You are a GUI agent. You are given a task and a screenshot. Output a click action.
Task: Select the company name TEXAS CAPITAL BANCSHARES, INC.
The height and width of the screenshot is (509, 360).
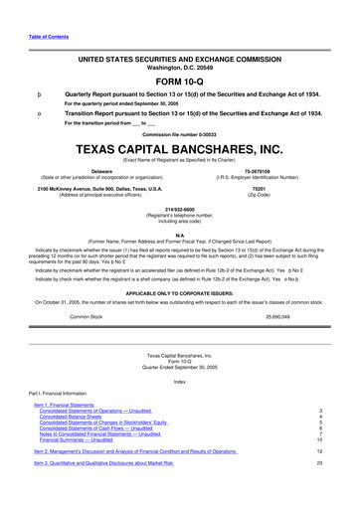click(x=179, y=150)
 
